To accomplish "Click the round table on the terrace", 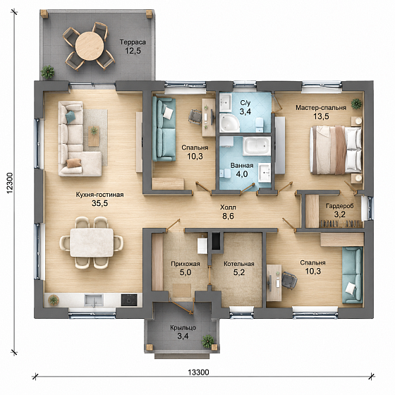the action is tap(90, 46).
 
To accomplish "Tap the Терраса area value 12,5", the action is tap(133, 51).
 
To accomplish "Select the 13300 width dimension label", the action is tap(198, 372).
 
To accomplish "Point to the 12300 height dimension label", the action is tap(10, 183).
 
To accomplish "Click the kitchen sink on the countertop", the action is tap(94, 300).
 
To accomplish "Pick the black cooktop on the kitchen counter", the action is tap(129, 300).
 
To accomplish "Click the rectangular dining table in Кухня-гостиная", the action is tap(92, 243).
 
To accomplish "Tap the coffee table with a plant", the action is tap(94, 136).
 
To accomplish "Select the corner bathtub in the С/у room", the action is tap(229, 123).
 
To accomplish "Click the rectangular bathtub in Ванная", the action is tap(257, 146).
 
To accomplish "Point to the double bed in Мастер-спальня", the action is tap(336, 150).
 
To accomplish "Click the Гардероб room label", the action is tap(339, 206).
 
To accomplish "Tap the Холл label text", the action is tap(228, 207).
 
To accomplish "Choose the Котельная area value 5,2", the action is tap(239, 272).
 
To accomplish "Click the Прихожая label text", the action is tap(186, 264).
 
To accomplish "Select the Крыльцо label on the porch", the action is tap(183, 328).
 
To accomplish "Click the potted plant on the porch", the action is tap(208, 341).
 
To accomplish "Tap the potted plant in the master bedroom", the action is tap(356, 103).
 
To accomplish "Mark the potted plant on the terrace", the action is tap(48, 71).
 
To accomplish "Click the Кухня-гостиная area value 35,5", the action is tap(99, 203).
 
